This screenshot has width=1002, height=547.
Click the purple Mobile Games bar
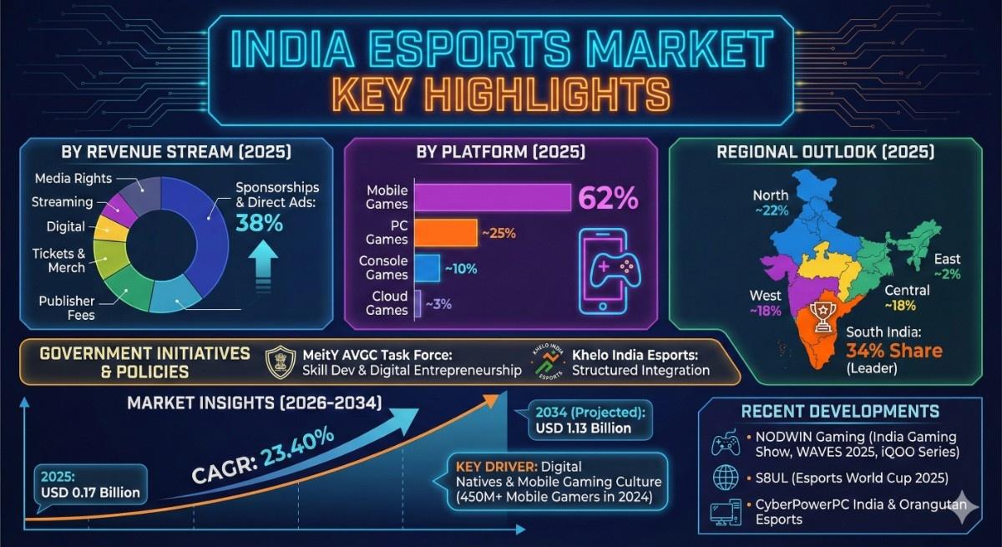[493, 197]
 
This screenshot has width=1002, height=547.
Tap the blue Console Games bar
[427, 267]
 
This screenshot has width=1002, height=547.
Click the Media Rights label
[73, 178]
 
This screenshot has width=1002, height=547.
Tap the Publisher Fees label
[67, 307]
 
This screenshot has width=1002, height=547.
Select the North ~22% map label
[770, 202]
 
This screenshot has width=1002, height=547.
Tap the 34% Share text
[893, 350]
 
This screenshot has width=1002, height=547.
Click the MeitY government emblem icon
[281, 362]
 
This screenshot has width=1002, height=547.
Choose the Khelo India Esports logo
[549, 362]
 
